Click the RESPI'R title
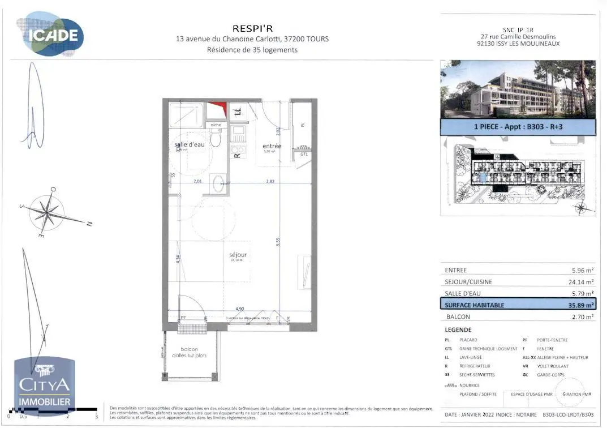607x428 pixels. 252,28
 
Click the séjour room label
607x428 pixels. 238,255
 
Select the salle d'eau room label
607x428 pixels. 189,145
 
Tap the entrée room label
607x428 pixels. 272,146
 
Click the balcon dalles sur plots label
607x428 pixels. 190,352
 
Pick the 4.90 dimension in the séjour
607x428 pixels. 240,309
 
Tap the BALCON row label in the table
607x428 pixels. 458,317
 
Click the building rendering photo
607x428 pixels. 518,89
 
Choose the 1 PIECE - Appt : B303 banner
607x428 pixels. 518,127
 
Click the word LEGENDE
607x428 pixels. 458,329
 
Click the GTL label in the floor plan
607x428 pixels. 304,154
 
